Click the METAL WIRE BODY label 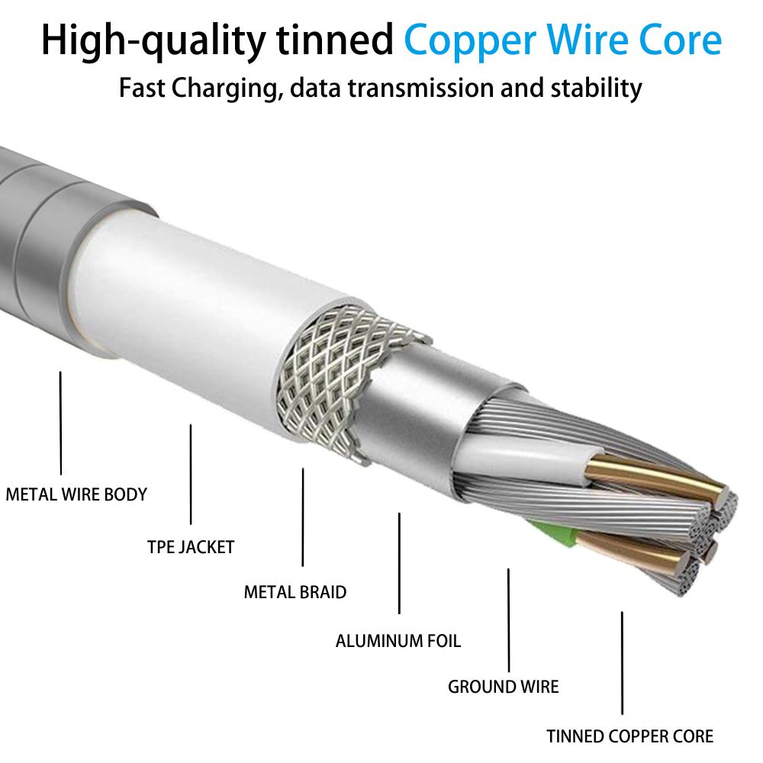coord(76,494)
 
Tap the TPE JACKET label coord(191,546)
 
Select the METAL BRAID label coord(295,591)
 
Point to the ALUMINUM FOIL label coord(398,640)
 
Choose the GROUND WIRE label coord(503,686)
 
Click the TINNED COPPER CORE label coord(630,736)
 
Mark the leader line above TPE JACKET coord(190,474)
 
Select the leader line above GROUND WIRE coord(508,618)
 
